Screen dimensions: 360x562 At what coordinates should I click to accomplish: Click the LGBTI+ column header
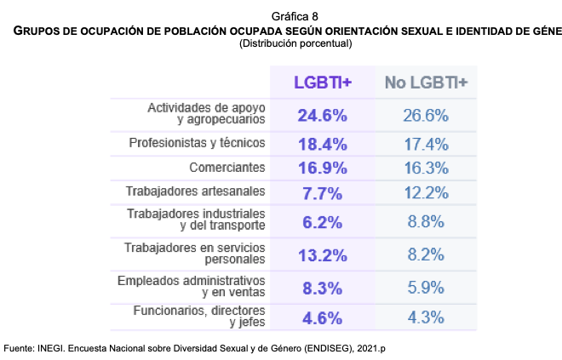(x=323, y=83)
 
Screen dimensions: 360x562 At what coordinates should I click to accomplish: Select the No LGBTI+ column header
(x=426, y=83)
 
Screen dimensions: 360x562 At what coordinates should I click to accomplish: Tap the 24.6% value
(x=323, y=115)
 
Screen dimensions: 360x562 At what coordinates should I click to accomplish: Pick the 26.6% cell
(x=426, y=115)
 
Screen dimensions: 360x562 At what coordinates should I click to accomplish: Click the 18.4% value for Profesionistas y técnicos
(x=323, y=142)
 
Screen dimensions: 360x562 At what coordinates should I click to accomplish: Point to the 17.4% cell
(x=426, y=142)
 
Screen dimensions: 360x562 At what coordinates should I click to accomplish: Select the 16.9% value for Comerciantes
(x=323, y=168)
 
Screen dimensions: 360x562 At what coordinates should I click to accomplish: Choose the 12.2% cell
(x=426, y=193)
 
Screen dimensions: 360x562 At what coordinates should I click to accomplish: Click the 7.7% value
(x=323, y=193)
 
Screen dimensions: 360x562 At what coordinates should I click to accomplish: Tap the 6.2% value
(x=323, y=222)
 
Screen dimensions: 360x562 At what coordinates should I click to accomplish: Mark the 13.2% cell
(x=323, y=254)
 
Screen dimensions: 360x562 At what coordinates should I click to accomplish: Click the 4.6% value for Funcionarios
(x=323, y=318)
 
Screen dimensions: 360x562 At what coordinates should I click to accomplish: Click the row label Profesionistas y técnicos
(x=197, y=142)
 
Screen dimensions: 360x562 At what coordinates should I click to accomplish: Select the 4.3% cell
(x=426, y=318)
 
